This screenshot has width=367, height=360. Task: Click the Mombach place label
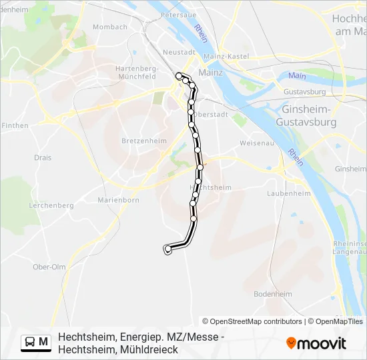(x=110, y=27)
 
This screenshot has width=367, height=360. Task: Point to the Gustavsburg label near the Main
(x=304, y=91)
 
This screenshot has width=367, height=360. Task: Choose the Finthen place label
(x=15, y=125)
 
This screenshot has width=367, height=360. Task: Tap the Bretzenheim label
(x=139, y=141)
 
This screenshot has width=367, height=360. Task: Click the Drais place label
(x=42, y=158)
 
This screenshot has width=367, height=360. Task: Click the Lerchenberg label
(x=51, y=206)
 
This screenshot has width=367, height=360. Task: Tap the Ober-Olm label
(x=48, y=267)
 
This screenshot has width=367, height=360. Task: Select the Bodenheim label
(x=274, y=294)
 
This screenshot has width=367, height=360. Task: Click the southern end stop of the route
(x=167, y=250)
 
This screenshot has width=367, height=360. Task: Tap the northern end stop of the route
(x=179, y=76)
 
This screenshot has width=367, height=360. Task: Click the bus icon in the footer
(x=30, y=342)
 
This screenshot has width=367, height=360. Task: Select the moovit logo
(x=316, y=343)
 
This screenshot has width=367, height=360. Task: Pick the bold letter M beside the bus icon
(x=43, y=342)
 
